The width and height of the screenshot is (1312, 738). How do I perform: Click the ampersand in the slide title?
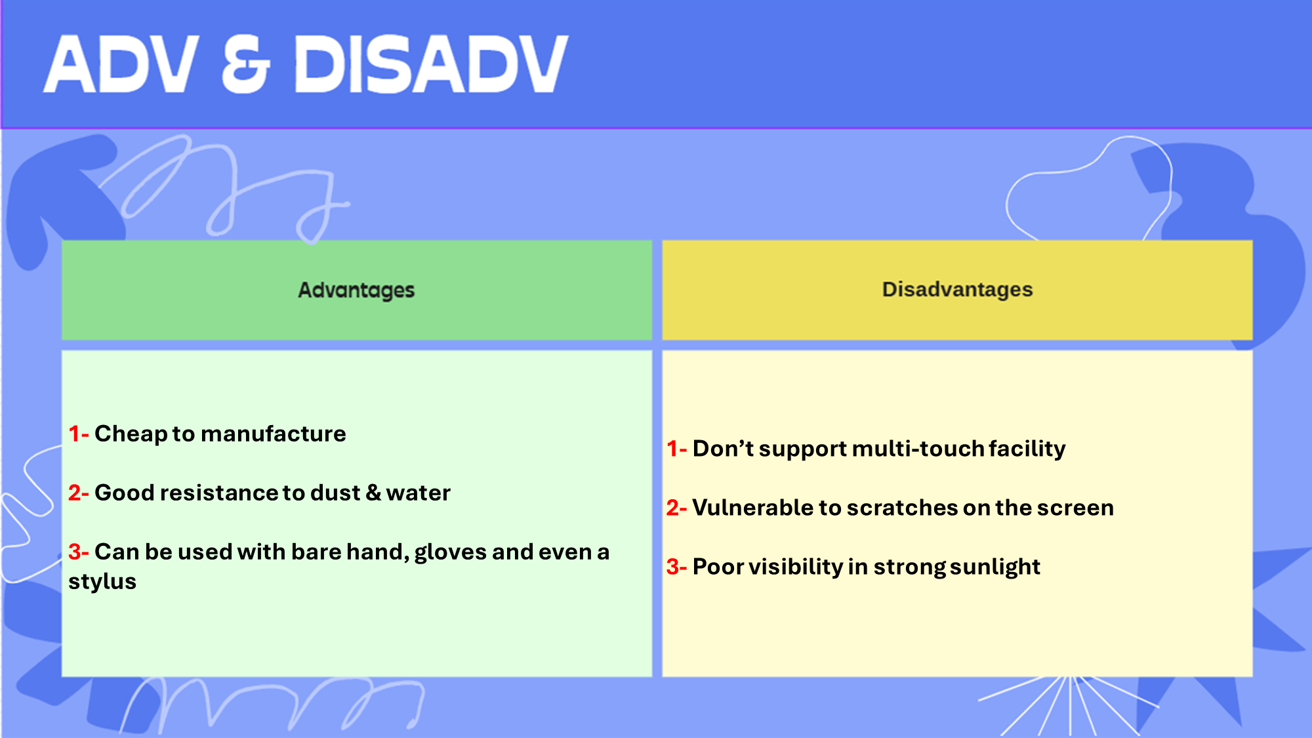[246, 64]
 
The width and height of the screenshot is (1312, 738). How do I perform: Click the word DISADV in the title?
[431, 64]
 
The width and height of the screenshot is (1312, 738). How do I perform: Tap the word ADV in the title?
[121, 64]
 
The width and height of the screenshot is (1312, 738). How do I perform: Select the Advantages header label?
[356, 290]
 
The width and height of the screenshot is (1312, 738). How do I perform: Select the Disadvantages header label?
[957, 289]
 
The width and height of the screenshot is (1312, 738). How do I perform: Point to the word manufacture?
[273, 434]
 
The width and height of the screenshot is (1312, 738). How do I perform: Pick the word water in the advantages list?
[419, 493]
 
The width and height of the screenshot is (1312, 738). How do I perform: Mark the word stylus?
[102, 582]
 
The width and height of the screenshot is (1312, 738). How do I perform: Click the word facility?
[1027, 449]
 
